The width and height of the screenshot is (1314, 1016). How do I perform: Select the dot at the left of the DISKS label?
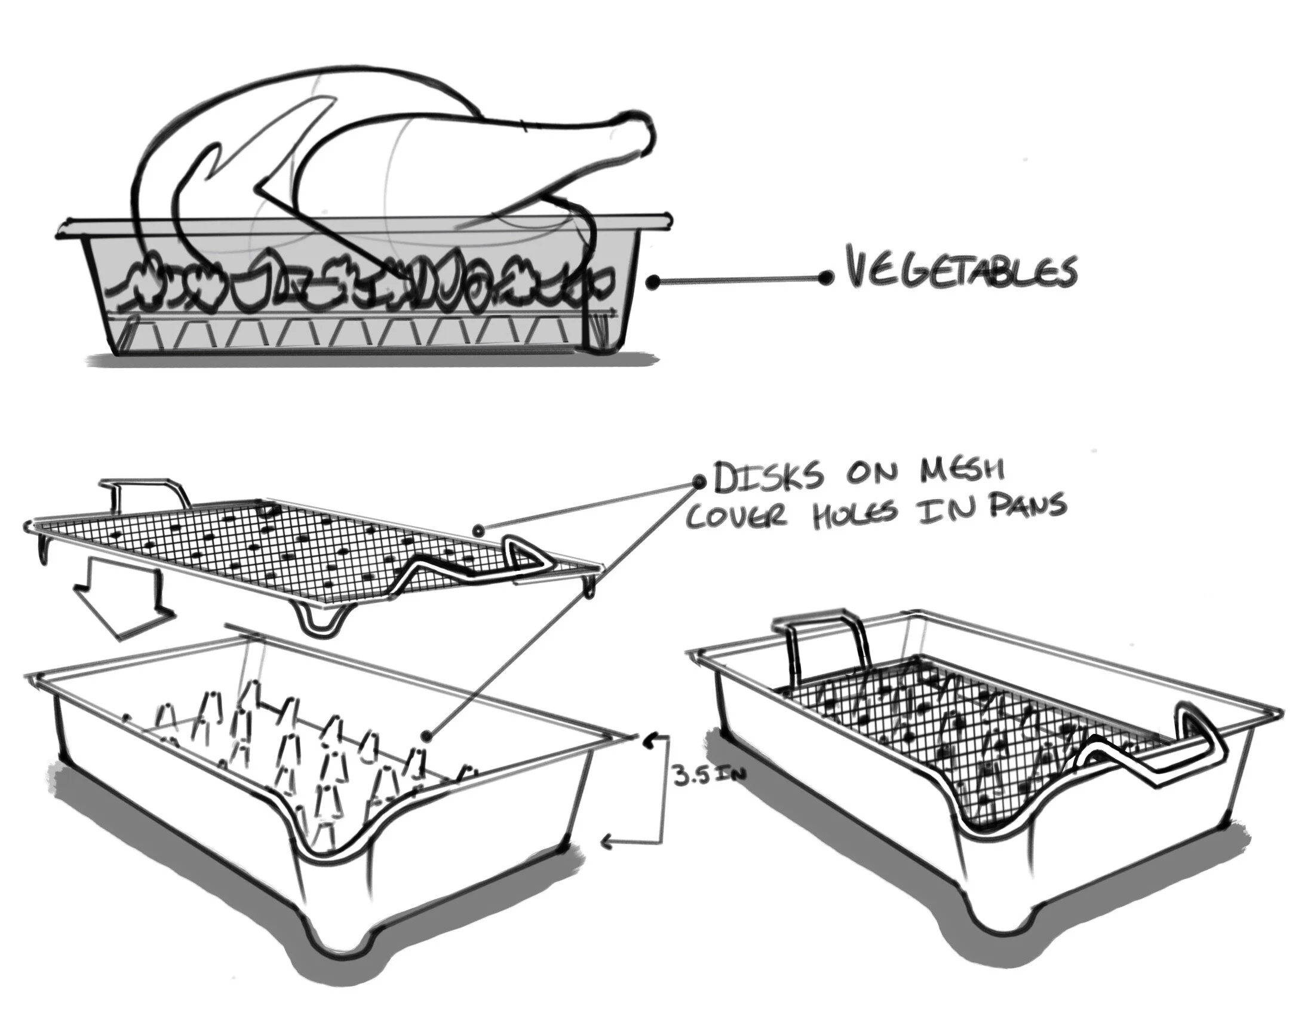click(699, 482)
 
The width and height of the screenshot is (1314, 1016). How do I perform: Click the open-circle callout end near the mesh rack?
click(478, 530)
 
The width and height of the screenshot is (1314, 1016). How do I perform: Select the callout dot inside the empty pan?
click(426, 736)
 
